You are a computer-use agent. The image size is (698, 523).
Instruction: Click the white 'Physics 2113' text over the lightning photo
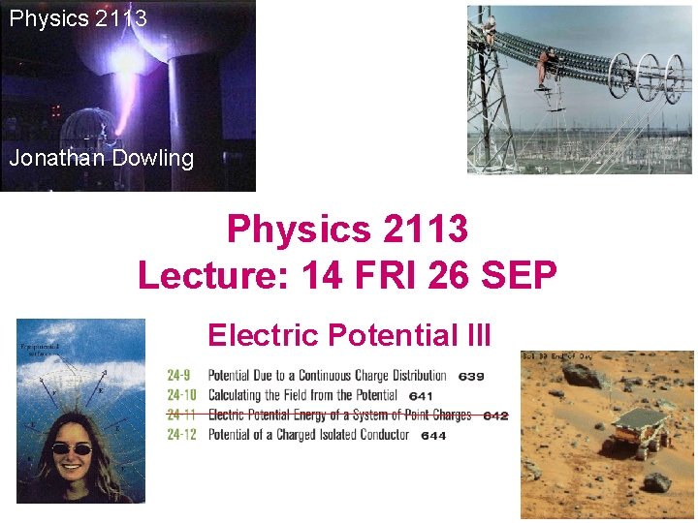(79, 17)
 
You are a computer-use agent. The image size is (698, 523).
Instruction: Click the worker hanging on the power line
(548, 68)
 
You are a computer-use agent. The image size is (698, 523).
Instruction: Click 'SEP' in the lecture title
(518, 275)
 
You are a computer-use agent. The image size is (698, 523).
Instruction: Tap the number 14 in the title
(324, 275)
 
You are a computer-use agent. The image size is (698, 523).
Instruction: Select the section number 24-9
(180, 376)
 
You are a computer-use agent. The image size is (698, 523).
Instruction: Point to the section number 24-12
(181, 435)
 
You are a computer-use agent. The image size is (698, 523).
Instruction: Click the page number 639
(471, 376)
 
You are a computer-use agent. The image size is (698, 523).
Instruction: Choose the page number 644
(433, 436)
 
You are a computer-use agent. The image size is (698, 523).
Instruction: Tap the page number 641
(421, 395)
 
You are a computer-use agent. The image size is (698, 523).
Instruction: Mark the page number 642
(495, 415)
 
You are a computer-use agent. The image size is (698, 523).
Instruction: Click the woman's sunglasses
(71, 448)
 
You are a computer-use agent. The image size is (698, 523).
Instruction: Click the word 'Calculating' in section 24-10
(243, 395)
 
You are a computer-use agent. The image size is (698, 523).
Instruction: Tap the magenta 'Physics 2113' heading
(347, 231)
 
